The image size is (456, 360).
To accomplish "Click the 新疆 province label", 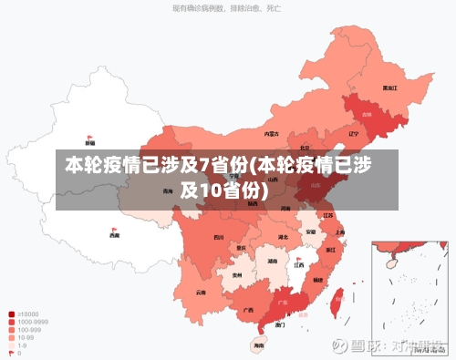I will (x=89, y=143).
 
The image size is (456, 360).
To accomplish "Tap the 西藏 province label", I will (x=114, y=235).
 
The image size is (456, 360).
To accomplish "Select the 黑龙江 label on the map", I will (x=389, y=88).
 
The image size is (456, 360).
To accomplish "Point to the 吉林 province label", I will (x=367, y=115).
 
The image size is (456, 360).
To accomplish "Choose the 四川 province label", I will (x=218, y=237).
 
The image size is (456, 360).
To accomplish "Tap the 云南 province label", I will (x=201, y=293).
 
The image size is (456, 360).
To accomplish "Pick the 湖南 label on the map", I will (x=273, y=261).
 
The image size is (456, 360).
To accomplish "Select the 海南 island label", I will (x=259, y=345).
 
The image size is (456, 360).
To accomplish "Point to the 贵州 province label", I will (x=236, y=274).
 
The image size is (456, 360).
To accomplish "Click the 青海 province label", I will (x=167, y=191).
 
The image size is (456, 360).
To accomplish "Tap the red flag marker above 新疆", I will (x=89, y=134).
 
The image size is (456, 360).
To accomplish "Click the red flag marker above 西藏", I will (x=114, y=227).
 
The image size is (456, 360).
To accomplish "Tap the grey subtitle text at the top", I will (x=226, y=8).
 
